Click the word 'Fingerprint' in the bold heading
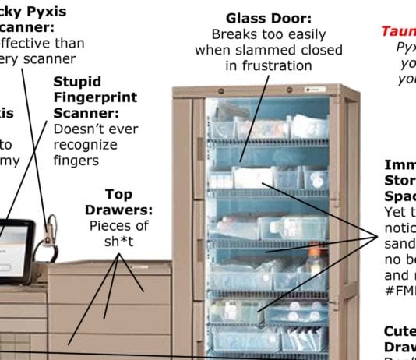pyautogui.click(x=95, y=98)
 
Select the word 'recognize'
pyautogui.click(x=85, y=145)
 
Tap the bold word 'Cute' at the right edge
pyautogui.click(x=400, y=330)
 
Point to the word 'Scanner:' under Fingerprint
pyautogui.click(x=84, y=114)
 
